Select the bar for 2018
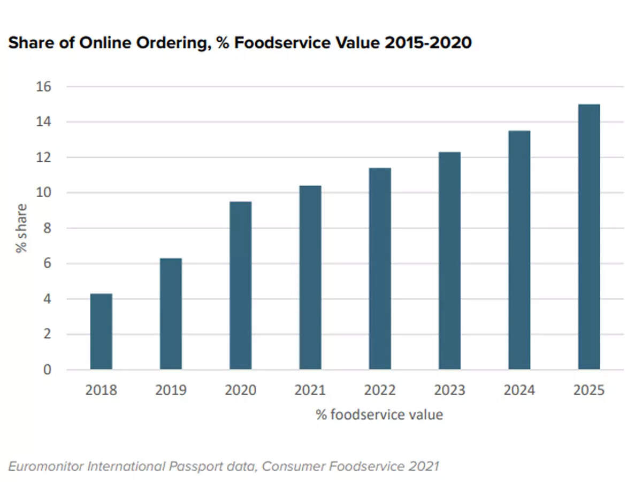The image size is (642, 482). pos(101,332)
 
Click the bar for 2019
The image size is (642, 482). pos(171,314)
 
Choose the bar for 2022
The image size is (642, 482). pos(380,269)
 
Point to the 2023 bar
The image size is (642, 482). pos(449,261)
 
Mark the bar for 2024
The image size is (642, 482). pos(519,250)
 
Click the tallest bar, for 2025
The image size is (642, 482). pos(589,237)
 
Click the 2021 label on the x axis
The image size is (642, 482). pos(310,390)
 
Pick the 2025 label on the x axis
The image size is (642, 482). pos(589,390)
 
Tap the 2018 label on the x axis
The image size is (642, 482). pos(101,390)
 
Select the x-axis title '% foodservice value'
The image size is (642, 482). pos(380,415)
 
